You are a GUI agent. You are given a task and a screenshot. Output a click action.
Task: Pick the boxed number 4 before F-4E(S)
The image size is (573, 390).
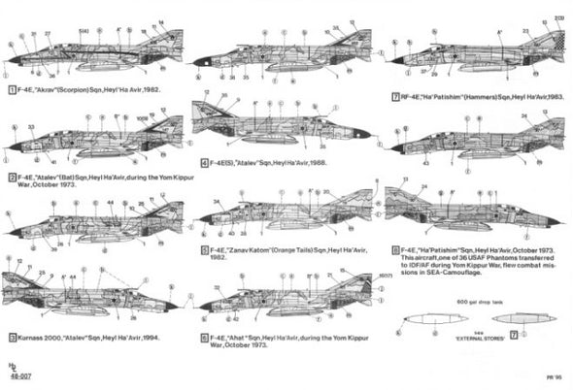[x=203, y=162]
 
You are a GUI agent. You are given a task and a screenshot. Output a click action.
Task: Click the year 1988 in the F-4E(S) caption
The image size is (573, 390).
[x=314, y=162]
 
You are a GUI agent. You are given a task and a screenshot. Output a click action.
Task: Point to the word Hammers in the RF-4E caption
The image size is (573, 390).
[x=464, y=98]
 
